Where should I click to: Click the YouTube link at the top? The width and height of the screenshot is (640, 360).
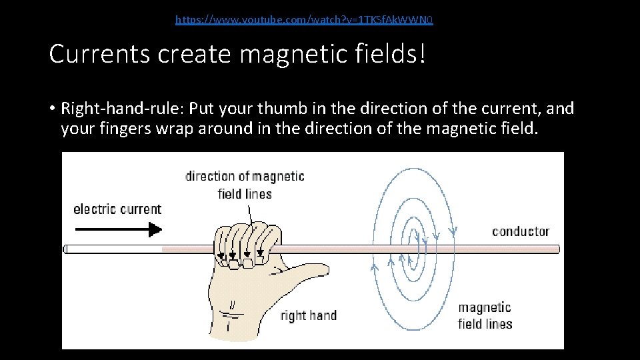coord(304,20)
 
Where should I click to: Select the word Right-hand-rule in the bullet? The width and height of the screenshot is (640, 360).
coord(120,108)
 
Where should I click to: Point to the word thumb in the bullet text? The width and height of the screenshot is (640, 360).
coord(288,108)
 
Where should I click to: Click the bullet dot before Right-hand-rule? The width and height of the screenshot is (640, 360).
coord(51,109)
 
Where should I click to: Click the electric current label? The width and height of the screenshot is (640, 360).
coord(117,209)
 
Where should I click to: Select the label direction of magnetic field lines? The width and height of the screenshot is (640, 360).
coord(245,185)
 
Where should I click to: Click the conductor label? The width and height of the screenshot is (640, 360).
coord(521,231)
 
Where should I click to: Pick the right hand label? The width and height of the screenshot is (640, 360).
coord(308,315)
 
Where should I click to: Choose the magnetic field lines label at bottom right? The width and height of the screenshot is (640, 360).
coord(485,316)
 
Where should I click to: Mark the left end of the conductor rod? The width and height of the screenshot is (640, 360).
coord(67,249)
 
